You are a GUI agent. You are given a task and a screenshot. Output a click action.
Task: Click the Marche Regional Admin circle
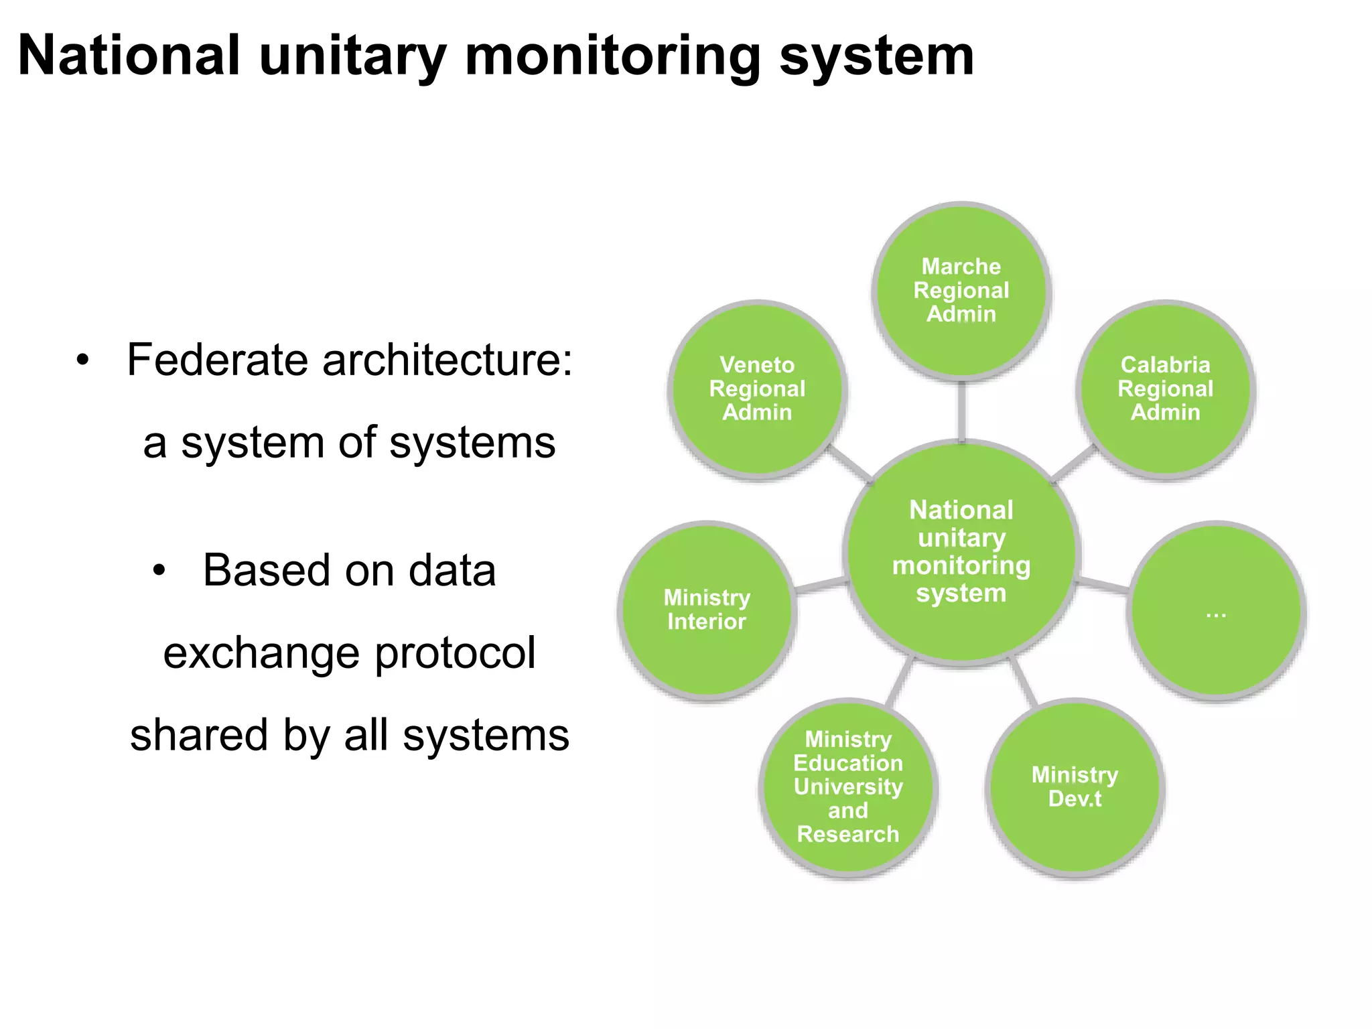tap(961, 291)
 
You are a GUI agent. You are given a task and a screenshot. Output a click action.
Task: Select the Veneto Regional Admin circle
tap(757, 389)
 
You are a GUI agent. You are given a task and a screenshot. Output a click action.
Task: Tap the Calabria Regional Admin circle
tap(1166, 389)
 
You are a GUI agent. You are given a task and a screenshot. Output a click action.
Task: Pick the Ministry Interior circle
tap(707, 610)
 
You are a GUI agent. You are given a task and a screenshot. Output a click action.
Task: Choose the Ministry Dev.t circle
tap(1075, 787)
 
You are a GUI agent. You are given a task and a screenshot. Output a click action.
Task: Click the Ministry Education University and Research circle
tap(848, 787)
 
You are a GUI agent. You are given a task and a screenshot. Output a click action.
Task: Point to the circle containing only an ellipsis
tap(1216, 610)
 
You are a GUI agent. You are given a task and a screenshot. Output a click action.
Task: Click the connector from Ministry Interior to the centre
tap(820, 585)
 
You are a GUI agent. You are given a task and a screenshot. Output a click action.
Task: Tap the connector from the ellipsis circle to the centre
tap(1103, 585)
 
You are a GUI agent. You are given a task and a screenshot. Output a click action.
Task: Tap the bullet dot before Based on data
tap(158, 571)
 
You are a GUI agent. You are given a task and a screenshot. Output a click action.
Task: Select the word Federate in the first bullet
tap(218, 360)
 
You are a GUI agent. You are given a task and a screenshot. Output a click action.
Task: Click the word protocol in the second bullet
tap(455, 654)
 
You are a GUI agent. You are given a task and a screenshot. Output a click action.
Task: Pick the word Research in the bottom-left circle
tap(848, 834)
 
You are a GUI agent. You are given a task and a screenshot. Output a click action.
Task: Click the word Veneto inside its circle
tap(757, 365)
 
